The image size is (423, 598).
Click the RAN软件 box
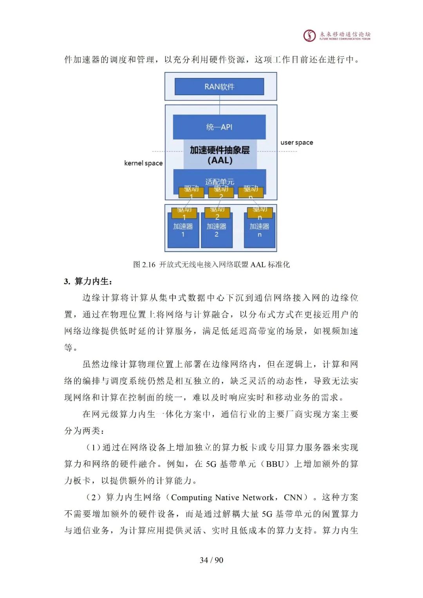[x=219, y=87]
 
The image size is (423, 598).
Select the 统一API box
[x=219, y=127]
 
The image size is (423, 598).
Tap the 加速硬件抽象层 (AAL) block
[x=220, y=155]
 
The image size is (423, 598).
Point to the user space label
[x=296, y=143]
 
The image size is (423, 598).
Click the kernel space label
[x=143, y=163]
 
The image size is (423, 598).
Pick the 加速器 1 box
[x=183, y=231]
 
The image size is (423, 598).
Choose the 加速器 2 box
[x=217, y=231]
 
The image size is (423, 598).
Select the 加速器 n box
[x=259, y=231]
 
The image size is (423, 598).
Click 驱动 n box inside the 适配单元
[x=251, y=192]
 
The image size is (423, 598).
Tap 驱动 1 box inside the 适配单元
[x=191, y=192]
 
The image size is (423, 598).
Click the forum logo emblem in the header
[x=309, y=36]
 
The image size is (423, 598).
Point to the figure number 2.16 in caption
[x=149, y=265]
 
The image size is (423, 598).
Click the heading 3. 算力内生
[x=88, y=281]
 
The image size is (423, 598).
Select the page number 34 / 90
[x=211, y=560]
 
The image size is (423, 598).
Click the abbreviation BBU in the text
[x=275, y=464]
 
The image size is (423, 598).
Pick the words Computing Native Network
[x=222, y=497]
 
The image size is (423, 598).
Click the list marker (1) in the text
[x=93, y=448]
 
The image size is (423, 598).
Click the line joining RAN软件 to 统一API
[x=219, y=105]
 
